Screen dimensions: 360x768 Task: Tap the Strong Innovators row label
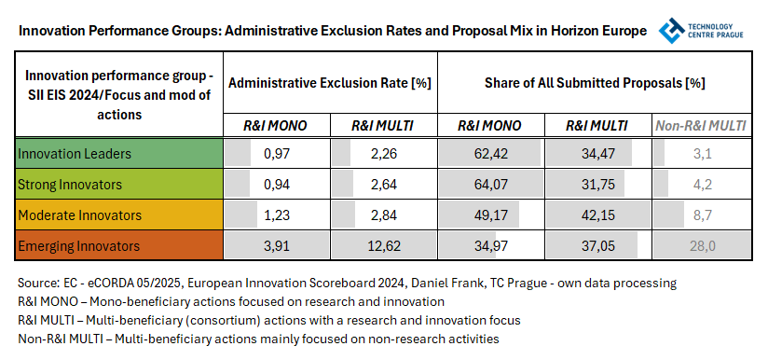(x=72, y=184)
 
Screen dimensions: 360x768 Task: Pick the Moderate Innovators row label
(x=78, y=215)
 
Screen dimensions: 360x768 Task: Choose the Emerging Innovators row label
(x=78, y=246)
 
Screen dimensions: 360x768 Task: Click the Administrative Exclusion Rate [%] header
(x=329, y=83)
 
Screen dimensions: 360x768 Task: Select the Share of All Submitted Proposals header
(x=595, y=83)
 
